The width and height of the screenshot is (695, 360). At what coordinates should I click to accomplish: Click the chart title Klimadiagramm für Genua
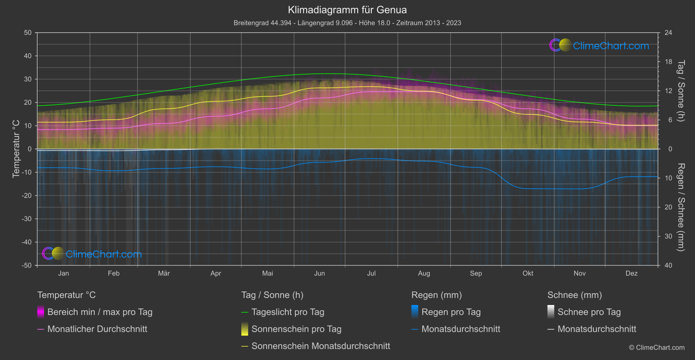(347, 10)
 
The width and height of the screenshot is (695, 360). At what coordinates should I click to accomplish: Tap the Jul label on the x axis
(371, 273)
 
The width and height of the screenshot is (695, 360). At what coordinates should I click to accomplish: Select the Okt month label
(528, 273)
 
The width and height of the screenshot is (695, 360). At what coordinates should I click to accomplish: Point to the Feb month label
(113, 273)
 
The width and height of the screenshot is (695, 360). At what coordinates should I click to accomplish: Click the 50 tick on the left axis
(28, 33)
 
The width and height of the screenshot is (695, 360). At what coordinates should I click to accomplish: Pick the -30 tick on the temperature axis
(27, 219)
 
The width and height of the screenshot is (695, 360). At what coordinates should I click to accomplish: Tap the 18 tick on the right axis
(668, 62)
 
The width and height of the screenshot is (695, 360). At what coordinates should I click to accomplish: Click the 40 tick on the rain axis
(668, 265)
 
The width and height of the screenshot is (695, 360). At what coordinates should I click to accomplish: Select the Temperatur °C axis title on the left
(16, 149)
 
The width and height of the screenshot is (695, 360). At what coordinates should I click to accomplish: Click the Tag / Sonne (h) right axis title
(681, 91)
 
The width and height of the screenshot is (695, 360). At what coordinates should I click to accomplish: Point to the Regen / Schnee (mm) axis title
(681, 207)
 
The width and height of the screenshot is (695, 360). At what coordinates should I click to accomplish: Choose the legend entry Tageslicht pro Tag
(288, 312)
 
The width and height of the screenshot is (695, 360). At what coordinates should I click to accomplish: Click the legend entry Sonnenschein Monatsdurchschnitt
(321, 346)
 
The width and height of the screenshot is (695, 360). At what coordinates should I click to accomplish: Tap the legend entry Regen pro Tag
(451, 312)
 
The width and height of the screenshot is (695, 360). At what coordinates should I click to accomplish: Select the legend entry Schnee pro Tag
(589, 312)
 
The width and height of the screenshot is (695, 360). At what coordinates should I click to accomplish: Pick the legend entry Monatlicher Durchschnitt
(97, 329)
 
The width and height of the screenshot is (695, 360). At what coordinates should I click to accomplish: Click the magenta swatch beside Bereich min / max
(41, 312)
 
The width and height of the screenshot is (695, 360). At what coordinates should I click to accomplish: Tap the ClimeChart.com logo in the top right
(599, 45)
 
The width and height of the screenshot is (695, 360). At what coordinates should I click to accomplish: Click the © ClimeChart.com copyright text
(657, 347)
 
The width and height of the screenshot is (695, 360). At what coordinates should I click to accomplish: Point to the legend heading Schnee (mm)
(575, 295)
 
